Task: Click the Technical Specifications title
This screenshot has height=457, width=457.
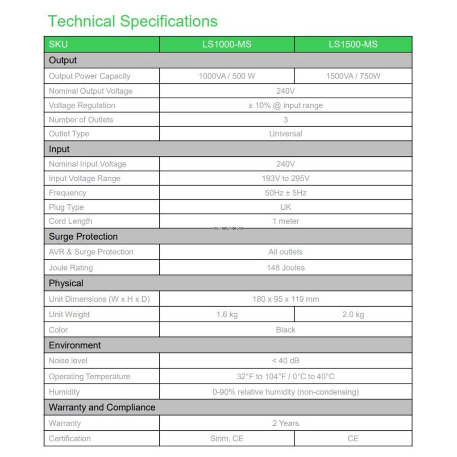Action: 133,21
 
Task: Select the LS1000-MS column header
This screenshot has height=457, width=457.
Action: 227,44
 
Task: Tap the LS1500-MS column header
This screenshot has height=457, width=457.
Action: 353,44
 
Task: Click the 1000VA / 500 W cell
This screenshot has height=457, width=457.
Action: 227,76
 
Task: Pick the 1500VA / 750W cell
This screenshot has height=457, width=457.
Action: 353,76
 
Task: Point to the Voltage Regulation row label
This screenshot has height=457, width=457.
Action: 82,105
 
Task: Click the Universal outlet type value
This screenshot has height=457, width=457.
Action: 286,133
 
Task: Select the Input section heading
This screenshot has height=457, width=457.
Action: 59,149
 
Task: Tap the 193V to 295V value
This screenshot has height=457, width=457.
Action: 286,179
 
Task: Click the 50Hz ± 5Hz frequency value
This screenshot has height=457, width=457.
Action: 286,193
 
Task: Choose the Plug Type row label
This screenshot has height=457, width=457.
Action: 66,207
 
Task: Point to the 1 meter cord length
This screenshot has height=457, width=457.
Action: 286,221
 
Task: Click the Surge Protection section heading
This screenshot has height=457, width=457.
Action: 83,237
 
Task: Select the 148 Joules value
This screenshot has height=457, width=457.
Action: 286,268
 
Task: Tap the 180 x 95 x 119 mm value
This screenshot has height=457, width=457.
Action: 286,299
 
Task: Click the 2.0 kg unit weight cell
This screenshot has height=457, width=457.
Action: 353,314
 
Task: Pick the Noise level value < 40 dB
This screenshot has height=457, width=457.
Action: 286,361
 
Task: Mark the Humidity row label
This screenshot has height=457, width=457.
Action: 64,392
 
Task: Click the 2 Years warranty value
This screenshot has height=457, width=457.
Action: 286,423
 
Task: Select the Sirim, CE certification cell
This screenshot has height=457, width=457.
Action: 227,438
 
